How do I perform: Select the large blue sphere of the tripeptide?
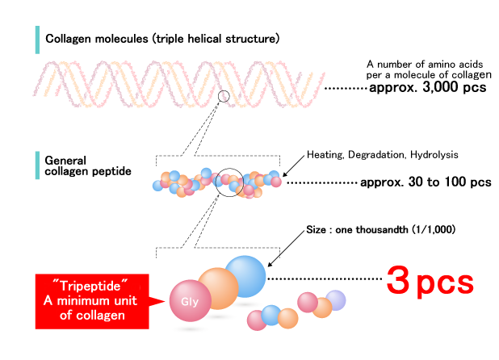tap(245, 276)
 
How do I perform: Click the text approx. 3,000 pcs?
tap(427, 87)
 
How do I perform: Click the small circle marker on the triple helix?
tap(224, 97)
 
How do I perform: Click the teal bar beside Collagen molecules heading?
tap(37, 38)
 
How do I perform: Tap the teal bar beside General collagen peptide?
tap(37, 165)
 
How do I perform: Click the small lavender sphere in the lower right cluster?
tap(334, 299)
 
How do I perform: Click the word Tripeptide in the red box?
tap(83, 286)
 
